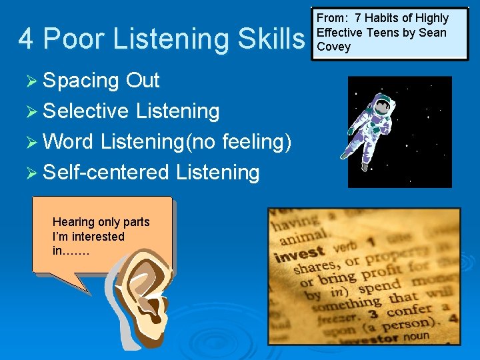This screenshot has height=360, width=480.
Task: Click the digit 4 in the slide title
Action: point(26,39)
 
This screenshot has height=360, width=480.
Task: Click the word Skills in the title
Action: point(270,39)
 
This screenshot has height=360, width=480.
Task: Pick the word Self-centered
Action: point(106,173)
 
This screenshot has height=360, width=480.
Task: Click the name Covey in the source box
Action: point(333,47)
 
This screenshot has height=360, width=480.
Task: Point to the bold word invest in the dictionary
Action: point(299,254)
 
